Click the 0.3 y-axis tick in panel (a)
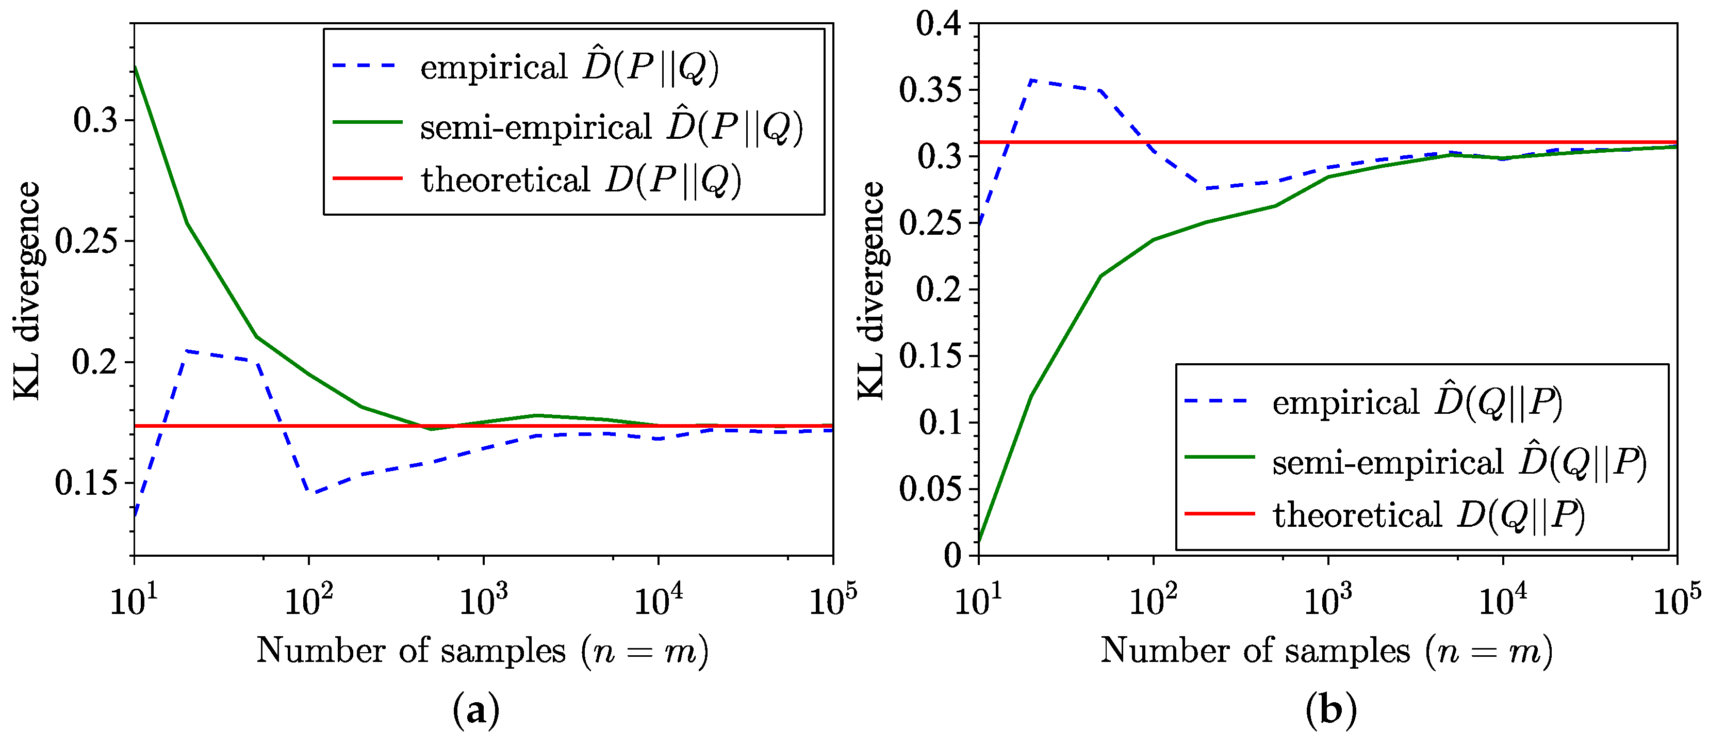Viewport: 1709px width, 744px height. pyautogui.click(x=95, y=120)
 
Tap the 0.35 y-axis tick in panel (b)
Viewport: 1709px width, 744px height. pyautogui.click(x=930, y=90)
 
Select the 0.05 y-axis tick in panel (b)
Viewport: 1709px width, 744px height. pyautogui.click(x=930, y=489)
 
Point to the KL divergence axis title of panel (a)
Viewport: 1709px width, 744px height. pyautogui.click(x=26, y=290)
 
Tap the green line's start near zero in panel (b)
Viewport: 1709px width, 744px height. pyautogui.click(x=980, y=541)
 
